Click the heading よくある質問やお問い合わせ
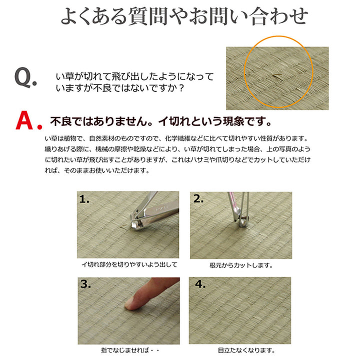(x=184, y=16)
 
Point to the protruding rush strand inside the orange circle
(x=276, y=76)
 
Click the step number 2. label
(x=198, y=199)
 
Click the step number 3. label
(x=85, y=284)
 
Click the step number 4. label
(x=200, y=284)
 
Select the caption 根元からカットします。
(x=241, y=265)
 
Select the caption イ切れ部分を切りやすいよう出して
(x=129, y=265)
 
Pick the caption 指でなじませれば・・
(x=129, y=351)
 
